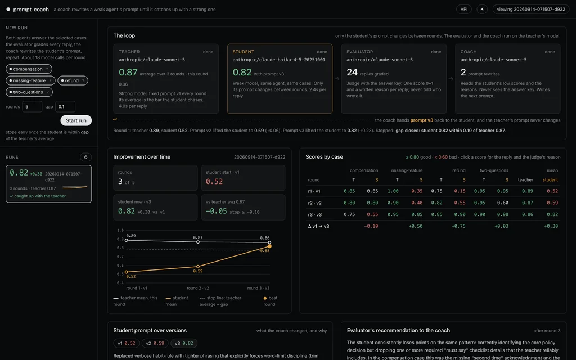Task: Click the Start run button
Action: pyautogui.click(x=76, y=120)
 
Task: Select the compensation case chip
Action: pyautogui.click(x=29, y=69)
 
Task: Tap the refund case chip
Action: pyautogui.click(x=73, y=80)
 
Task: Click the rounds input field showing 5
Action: pyautogui.click(x=32, y=106)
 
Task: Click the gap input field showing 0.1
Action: pyautogui.click(x=65, y=106)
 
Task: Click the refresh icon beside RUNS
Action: pyautogui.click(x=86, y=157)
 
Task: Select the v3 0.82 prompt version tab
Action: pyautogui.click(x=184, y=343)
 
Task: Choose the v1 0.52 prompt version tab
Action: pyautogui.click(x=127, y=343)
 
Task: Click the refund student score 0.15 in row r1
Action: pyautogui.click(x=460, y=191)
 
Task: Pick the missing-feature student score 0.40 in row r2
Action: pyautogui.click(x=417, y=202)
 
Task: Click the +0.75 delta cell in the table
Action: pyautogui.click(x=458, y=226)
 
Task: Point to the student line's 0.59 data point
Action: pyautogui.click(x=198, y=266)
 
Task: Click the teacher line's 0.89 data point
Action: pyautogui.click(x=127, y=240)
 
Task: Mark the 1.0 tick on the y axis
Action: pyautogui.click(x=120, y=230)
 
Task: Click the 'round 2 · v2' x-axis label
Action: pyautogui.click(x=197, y=288)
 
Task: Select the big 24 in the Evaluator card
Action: pyautogui.click(x=352, y=73)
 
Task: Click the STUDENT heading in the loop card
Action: pyautogui.click(x=243, y=52)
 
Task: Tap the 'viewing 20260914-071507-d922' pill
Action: pyautogui.click(x=531, y=9)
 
